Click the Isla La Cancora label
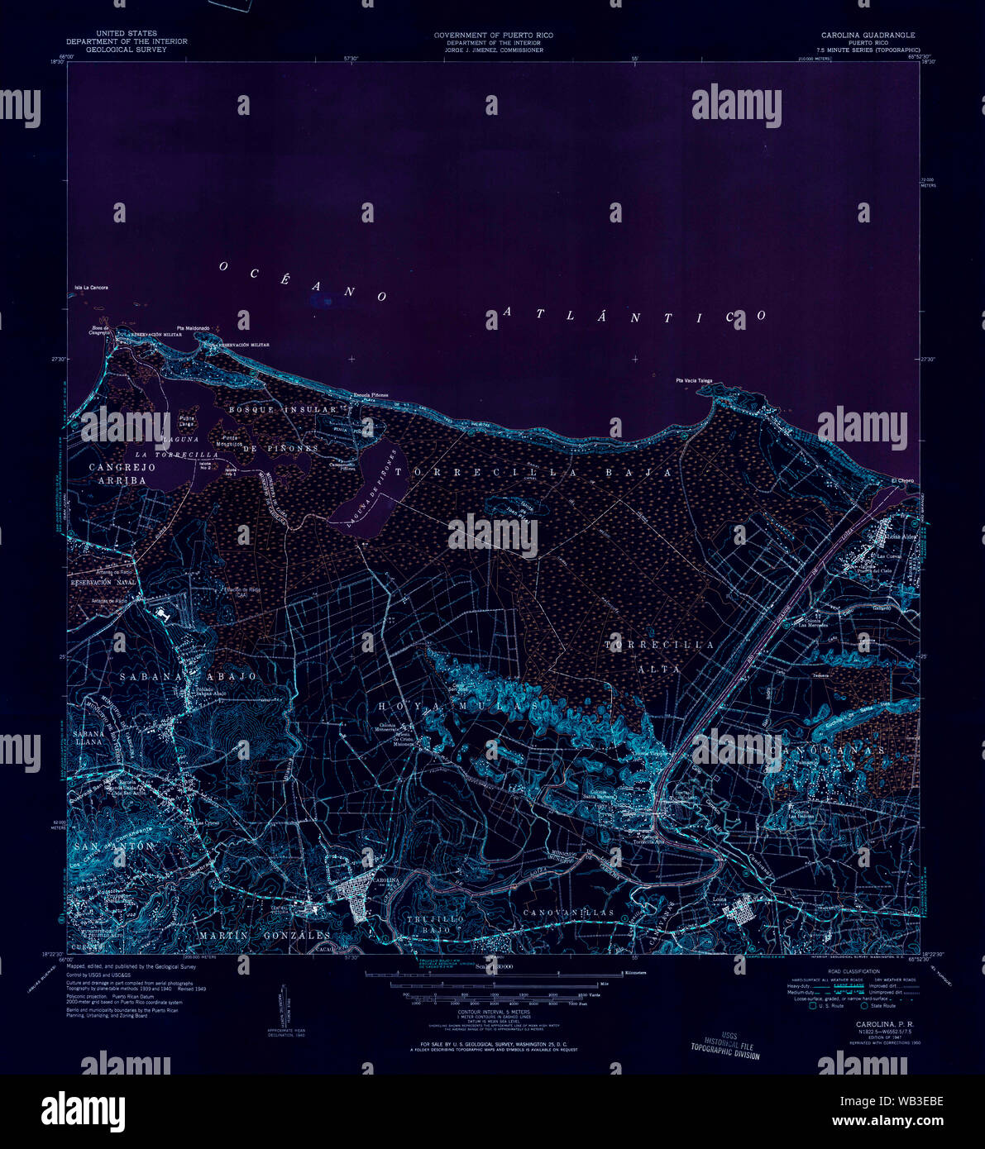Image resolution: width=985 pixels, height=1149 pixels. click(x=91, y=288)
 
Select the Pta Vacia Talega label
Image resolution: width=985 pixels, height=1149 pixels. click(x=693, y=381)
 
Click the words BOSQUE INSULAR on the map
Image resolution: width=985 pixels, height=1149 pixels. click(x=283, y=409)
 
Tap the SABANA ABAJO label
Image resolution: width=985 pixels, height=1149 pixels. click(x=188, y=676)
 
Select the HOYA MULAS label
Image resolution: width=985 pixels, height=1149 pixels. click(x=459, y=707)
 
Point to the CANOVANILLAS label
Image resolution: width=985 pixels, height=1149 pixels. click(x=568, y=913)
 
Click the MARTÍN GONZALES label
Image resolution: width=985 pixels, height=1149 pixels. click(x=264, y=935)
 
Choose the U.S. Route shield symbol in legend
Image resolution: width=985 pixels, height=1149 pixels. click(x=813, y=1005)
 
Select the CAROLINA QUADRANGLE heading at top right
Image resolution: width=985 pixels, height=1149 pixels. click(x=868, y=36)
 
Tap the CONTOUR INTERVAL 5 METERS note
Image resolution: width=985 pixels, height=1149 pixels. click(x=493, y=1011)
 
